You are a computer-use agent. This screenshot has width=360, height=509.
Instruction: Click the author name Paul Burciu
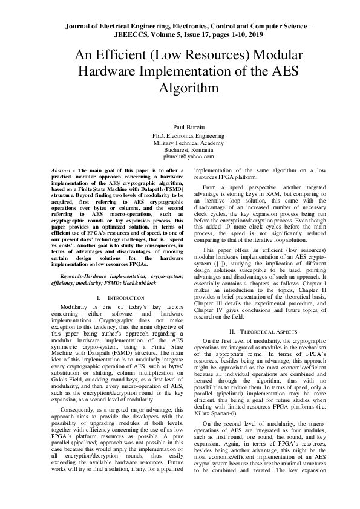coord(180,128)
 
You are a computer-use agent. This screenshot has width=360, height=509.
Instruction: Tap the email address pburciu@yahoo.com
coord(180,157)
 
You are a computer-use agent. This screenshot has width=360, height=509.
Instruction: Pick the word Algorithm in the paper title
coord(180,88)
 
